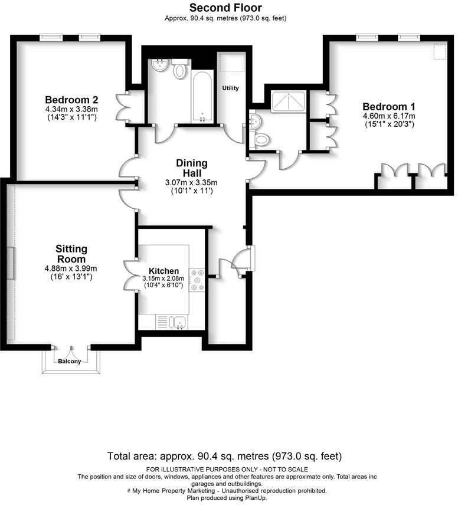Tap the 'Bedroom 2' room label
[x=71, y=100]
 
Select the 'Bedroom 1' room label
[x=389, y=107]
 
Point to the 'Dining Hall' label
[x=191, y=168]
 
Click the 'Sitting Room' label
[x=71, y=254]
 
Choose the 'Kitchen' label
[x=163, y=271]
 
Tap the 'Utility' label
[x=230, y=88]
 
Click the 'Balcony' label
[x=69, y=361]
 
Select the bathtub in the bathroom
[x=202, y=96]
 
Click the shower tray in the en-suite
[x=288, y=102]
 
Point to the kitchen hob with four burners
[x=197, y=280]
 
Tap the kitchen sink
[x=178, y=322]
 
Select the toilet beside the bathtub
[x=180, y=71]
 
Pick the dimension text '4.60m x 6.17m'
[x=389, y=116]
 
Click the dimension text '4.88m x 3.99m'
[x=71, y=268]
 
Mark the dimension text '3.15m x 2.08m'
[x=163, y=278]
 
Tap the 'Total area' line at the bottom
[x=224, y=456]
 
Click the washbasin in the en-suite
[x=254, y=121]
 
